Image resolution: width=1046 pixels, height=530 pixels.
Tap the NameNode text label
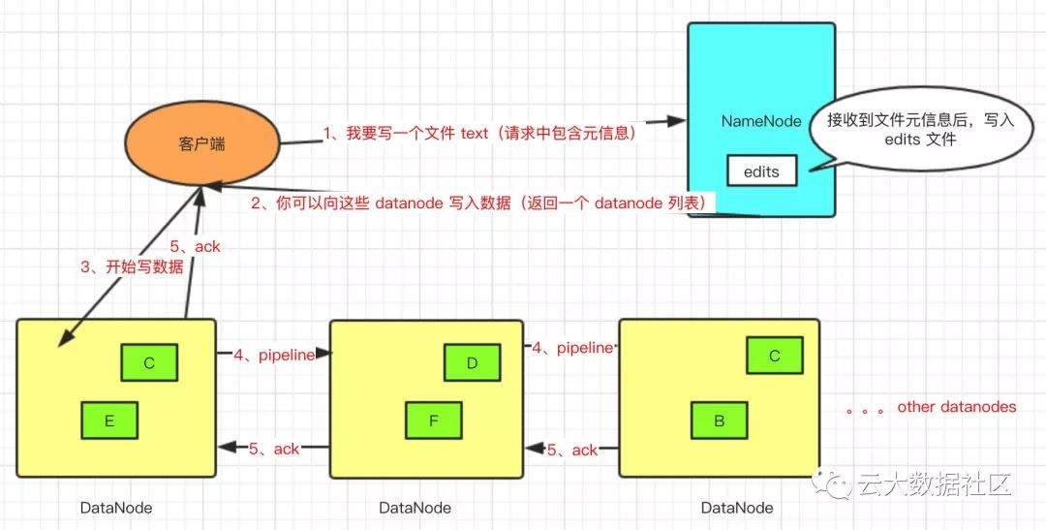pyautogui.click(x=761, y=121)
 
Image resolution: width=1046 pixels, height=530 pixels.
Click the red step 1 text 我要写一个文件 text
pyautogui.click(x=478, y=134)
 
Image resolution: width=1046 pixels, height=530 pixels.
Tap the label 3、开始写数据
pyautogui.click(x=132, y=267)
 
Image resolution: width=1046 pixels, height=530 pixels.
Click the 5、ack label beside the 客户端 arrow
pyautogui.click(x=195, y=246)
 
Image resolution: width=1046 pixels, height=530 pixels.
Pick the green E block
pyautogui.click(x=109, y=421)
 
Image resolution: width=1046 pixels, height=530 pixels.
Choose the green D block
pyautogui.click(x=473, y=363)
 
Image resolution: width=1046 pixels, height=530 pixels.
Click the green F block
pyautogui.click(x=433, y=421)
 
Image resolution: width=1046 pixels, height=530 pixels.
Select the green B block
pyautogui.click(x=719, y=421)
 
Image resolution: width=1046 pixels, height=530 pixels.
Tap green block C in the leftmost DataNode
pyautogui.click(x=149, y=363)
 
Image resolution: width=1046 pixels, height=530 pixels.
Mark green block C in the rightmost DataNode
pyautogui.click(x=775, y=356)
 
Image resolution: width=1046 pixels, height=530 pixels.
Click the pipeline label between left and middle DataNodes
pyautogui.click(x=274, y=355)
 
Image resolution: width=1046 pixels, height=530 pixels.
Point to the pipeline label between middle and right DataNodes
pyautogui.click(x=572, y=347)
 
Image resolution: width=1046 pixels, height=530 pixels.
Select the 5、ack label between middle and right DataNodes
pyautogui.click(x=572, y=450)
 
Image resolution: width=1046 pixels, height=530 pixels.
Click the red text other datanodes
pyautogui.click(x=956, y=407)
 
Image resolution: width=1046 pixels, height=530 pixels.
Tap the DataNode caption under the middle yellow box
pyautogui.click(x=415, y=508)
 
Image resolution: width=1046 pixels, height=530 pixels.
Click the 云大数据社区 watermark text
pyautogui.click(x=935, y=484)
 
